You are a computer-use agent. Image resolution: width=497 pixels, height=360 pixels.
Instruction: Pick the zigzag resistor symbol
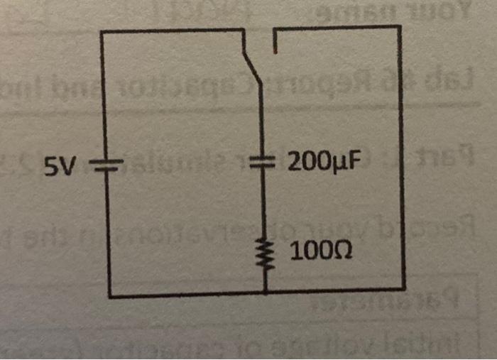[x=264, y=251]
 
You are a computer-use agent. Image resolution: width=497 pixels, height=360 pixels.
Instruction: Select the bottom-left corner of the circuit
[x=109, y=295]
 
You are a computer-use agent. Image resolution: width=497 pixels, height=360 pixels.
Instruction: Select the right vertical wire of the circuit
[x=402, y=156]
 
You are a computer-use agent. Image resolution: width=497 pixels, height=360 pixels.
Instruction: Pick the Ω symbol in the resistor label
[x=343, y=251]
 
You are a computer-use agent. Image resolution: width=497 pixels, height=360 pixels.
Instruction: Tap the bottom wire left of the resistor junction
[x=185, y=293]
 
